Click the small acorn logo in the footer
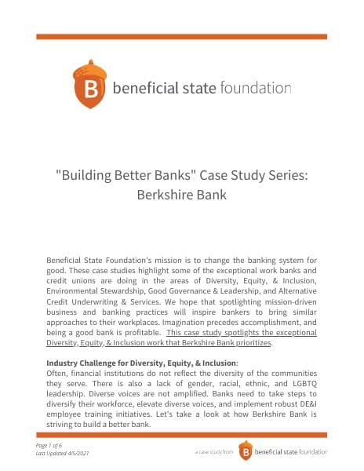coord(246,451)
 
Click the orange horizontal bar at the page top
coord(182,36)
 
